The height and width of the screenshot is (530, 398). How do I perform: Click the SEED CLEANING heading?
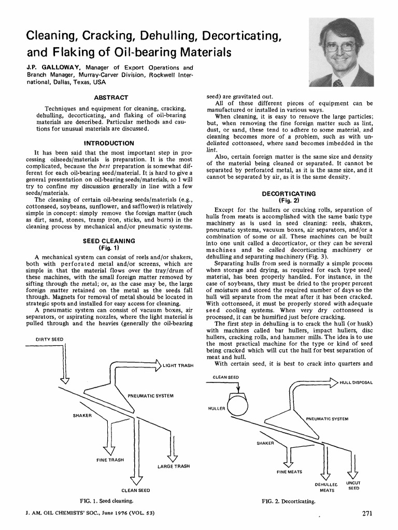coord(109,241)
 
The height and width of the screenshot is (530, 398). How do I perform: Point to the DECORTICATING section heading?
coord(290,194)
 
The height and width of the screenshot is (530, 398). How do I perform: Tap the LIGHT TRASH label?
coord(178,366)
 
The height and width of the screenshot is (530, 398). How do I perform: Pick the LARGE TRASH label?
coord(174,466)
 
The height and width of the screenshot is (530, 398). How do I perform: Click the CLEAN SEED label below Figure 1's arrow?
coord(136,490)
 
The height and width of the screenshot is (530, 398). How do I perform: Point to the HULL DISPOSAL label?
coord(356,382)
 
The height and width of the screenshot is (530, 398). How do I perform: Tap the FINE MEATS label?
coord(290,472)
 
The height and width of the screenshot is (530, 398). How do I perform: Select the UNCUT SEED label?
coord(353,485)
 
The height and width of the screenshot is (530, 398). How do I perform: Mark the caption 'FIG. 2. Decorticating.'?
coord(289,501)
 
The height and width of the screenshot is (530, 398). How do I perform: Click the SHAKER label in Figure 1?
coord(82,415)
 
